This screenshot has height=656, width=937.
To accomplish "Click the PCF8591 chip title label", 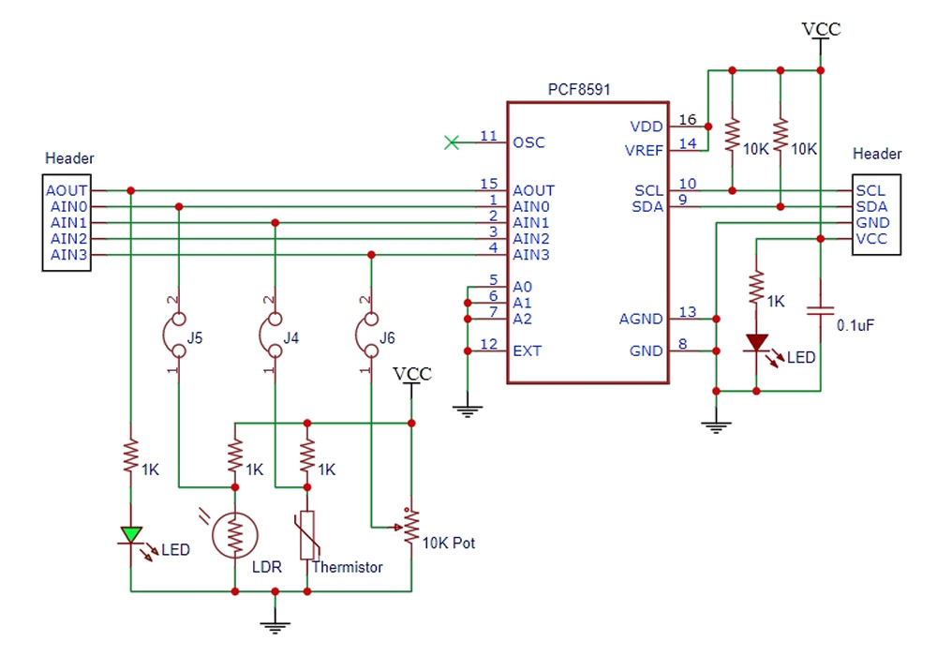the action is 579,90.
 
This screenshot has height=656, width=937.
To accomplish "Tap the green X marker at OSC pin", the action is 452,142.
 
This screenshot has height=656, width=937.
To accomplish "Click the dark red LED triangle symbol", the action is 756,342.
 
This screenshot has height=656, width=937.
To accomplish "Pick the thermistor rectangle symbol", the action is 307,535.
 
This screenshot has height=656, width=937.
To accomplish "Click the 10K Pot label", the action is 448,544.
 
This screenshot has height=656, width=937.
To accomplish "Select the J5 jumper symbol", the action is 174,335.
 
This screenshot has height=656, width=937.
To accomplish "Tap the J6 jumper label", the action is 387,338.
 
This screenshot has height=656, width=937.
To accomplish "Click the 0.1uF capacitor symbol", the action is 820,311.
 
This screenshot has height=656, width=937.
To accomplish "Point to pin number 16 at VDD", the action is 688,120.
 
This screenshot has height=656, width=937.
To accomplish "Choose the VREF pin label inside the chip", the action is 644,151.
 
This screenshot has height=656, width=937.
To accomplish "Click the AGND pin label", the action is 641,319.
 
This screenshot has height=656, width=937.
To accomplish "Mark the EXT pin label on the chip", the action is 527,350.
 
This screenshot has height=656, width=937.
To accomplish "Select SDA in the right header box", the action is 871,207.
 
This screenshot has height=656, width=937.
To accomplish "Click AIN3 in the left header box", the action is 68,255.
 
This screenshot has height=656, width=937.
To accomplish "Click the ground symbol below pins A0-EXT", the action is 468,411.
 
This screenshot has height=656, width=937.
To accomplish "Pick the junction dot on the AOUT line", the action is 131,190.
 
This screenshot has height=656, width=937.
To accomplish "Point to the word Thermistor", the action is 348,567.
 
